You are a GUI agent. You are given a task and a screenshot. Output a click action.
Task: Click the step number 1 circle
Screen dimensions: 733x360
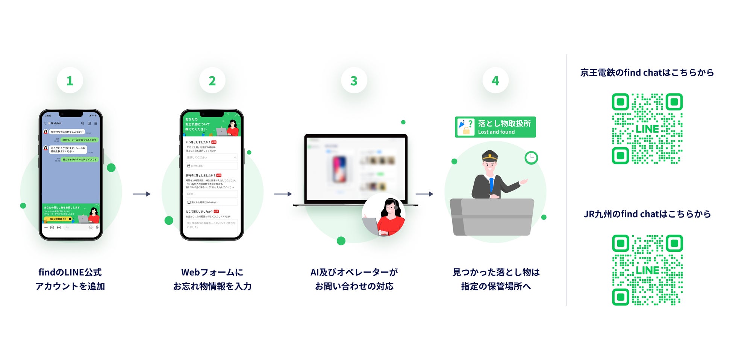click(70, 80)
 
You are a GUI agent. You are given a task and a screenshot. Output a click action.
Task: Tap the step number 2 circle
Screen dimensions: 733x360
click(212, 80)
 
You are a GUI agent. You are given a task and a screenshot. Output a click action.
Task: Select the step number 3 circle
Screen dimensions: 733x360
click(354, 80)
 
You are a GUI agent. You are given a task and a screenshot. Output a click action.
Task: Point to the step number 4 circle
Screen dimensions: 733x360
click(495, 80)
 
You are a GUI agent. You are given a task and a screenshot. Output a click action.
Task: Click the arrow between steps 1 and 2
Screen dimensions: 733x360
click(142, 194)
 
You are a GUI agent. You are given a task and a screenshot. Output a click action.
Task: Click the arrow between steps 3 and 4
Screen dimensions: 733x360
click(424, 194)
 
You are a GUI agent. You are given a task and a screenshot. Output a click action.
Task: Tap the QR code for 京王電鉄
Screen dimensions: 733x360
click(647, 129)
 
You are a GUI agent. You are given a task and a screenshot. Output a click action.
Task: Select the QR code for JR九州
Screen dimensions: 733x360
click(647, 270)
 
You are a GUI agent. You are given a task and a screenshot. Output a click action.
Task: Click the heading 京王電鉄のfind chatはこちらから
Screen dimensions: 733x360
click(647, 73)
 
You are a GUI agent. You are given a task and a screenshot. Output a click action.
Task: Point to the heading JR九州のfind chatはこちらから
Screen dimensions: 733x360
click(647, 214)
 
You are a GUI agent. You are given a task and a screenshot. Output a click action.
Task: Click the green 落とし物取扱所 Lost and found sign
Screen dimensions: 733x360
click(495, 127)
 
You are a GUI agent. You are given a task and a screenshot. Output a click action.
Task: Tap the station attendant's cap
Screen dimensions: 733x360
click(490, 156)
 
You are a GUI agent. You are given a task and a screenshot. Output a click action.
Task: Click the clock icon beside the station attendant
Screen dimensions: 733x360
click(531, 157)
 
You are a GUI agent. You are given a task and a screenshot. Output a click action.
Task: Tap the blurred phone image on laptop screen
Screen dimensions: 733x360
click(339, 169)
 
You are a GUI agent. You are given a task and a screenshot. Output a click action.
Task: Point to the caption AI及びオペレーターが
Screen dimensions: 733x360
click(354, 272)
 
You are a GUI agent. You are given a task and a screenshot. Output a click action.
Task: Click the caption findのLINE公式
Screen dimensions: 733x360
click(70, 272)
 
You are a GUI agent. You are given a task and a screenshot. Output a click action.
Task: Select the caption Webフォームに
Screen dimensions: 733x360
click(212, 272)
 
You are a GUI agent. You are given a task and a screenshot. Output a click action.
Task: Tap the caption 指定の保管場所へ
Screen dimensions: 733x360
click(496, 286)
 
